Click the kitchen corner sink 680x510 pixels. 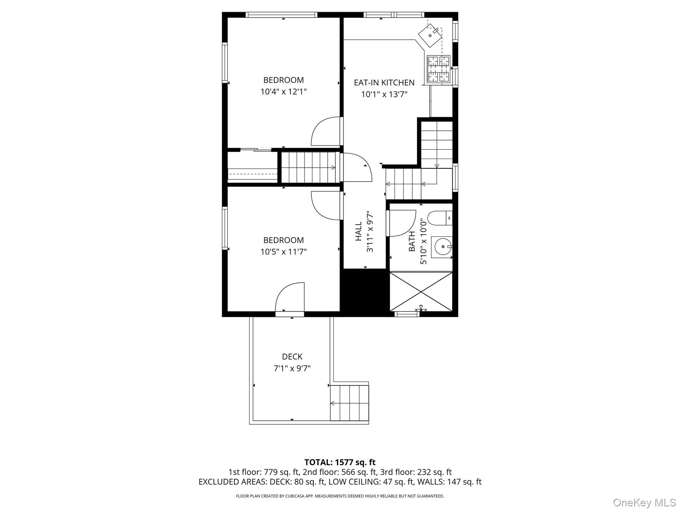pos(430,35)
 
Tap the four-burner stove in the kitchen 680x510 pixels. pos(438,69)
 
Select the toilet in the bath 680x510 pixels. pos(440,218)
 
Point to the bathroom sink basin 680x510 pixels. pos(442,247)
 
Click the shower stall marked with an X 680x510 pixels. pos(421,292)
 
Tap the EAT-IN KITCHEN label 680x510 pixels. pos(384,82)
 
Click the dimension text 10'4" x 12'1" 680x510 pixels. pos(284,92)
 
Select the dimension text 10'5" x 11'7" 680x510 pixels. pos(284,252)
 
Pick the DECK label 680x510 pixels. pos(292,357)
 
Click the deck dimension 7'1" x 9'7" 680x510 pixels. pos(292,368)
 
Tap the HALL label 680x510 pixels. pos(359,231)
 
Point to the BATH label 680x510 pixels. pos(412,241)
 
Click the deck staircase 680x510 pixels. pos(350,403)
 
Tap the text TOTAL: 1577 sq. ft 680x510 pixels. pos(340,462)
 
